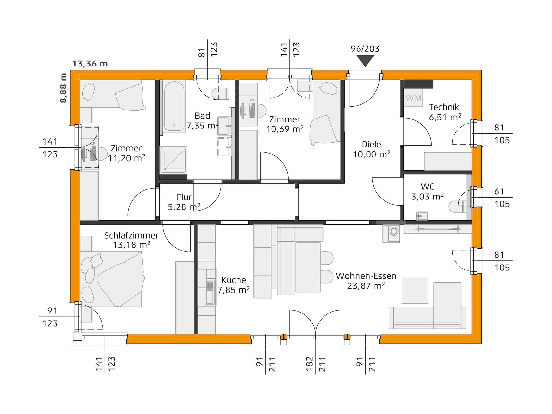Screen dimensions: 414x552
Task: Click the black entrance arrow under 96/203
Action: pos(365,60)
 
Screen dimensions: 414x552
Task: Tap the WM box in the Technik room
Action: pos(413,98)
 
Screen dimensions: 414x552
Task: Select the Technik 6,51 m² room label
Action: pos(444,112)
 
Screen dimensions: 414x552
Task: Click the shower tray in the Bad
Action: pos(173,158)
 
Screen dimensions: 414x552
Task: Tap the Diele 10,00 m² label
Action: pos(371,149)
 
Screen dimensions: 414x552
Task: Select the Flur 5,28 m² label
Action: pos(184,202)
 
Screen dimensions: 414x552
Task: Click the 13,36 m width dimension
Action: pos(90,64)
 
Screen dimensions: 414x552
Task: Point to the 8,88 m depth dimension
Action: pos(63,88)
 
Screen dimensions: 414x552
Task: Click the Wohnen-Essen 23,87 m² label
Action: pos(366,281)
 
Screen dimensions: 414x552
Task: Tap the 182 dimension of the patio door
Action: pos(309,364)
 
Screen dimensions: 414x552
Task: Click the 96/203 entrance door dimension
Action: pos(365,49)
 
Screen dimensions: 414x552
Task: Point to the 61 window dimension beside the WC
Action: pos(499,191)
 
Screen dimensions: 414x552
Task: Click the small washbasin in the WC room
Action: pos(422,216)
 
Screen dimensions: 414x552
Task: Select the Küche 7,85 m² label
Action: pos(233,285)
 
